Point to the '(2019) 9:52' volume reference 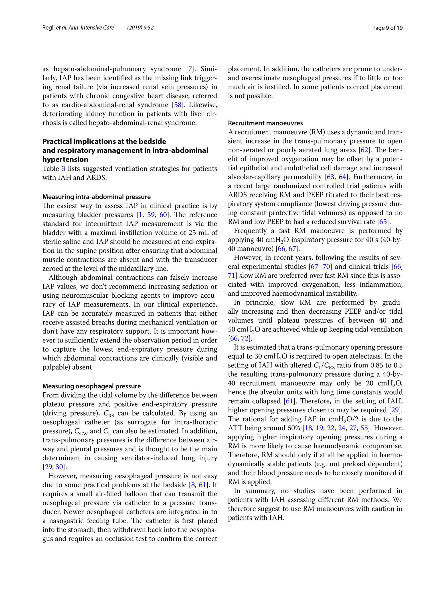coord(140,28)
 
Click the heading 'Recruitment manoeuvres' coord(265,123)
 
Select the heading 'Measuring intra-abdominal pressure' coord(97,197)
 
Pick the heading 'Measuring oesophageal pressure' coord(91,386)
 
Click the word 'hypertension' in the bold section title coord(65,159)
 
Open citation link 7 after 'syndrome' coord(190,69)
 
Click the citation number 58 coord(178,105)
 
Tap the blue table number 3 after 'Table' coord(63,169)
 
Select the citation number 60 coord(163,215)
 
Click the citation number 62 coord(364,150)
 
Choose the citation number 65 coord(383,222)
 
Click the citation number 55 coord(364,428)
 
